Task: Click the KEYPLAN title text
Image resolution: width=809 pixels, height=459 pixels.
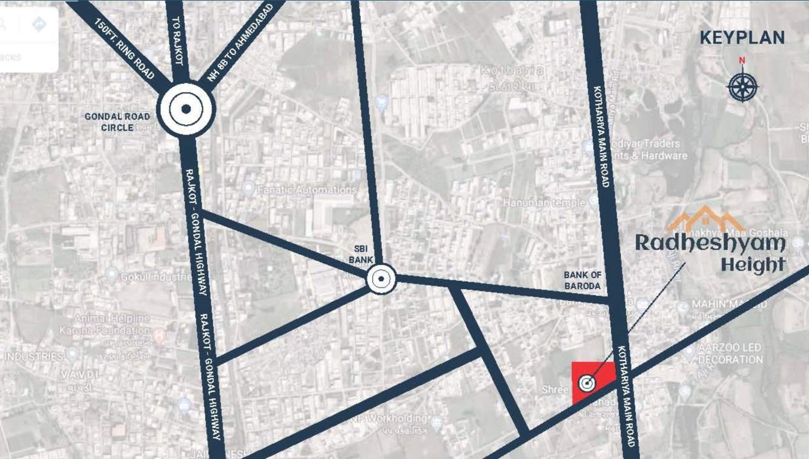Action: tap(742, 37)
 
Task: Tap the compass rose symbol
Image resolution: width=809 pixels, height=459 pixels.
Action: tap(742, 86)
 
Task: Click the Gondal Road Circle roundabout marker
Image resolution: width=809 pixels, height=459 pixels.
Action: tap(186, 109)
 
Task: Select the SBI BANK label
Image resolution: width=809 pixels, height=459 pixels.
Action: tap(362, 254)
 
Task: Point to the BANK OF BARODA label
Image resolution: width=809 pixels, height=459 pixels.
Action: tap(582, 280)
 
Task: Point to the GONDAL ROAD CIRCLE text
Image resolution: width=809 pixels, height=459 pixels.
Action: tap(109, 122)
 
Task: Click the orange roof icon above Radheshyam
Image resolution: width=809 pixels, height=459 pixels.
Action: tap(705, 219)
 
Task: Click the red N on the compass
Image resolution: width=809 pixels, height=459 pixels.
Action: tap(742, 60)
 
